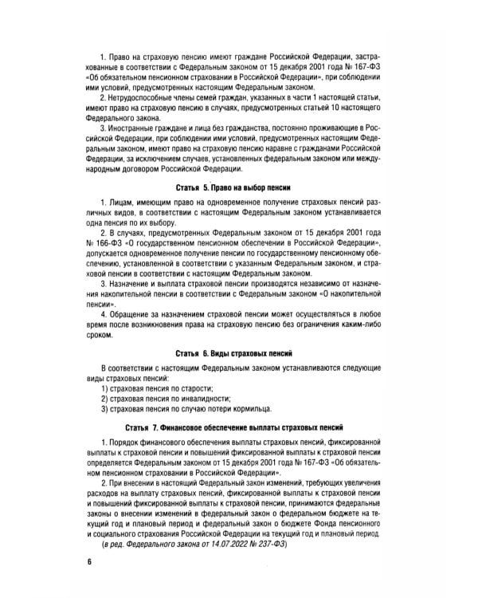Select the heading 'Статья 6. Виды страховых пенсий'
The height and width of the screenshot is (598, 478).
(239, 352)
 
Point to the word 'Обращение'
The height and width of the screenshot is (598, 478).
(135, 308)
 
